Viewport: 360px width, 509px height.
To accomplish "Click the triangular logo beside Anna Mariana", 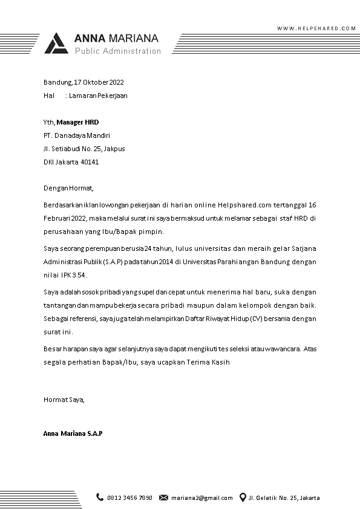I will click(58, 44).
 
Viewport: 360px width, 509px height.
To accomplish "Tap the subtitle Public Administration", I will click(118, 51).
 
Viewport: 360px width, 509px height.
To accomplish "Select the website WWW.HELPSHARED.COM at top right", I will click(316, 28).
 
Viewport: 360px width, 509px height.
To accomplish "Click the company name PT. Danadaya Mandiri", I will click(77, 135).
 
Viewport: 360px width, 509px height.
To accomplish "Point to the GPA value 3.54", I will click(79, 275).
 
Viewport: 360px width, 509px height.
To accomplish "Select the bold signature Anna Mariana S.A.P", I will click(73, 434).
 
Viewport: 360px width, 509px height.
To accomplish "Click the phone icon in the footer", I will click(100, 498).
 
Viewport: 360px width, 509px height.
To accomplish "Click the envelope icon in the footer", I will click(163, 498).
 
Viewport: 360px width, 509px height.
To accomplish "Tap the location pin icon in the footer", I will click(243, 498).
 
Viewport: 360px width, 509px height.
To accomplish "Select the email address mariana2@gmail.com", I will click(201, 498).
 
